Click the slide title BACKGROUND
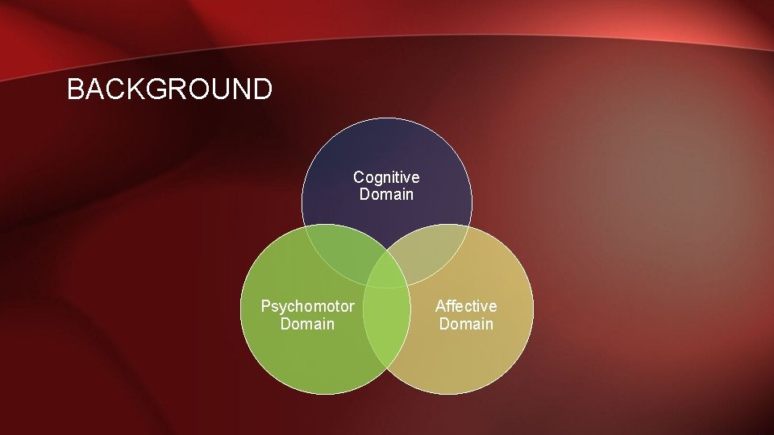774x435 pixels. pyautogui.click(x=169, y=89)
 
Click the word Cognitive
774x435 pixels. pyautogui.click(x=386, y=177)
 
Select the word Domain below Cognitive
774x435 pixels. pyautogui.click(x=386, y=195)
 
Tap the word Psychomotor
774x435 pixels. pyautogui.click(x=307, y=306)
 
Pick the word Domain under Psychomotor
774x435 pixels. pyautogui.click(x=307, y=324)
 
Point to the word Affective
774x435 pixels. pyautogui.click(x=466, y=306)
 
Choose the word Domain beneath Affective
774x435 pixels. pyautogui.click(x=466, y=324)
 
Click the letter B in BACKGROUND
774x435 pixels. pyautogui.click(x=76, y=89)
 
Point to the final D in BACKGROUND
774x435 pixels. pyautogui.click(x=262, y=89)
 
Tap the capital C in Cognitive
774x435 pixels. pyautogui.click(x=359, y=177)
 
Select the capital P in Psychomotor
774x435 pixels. pyautogui.click(x=266, y=306)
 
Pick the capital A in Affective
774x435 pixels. pyautogui.click(x=440, y=306)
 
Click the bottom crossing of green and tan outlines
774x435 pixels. pyautogui.click(x=387, y=367)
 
